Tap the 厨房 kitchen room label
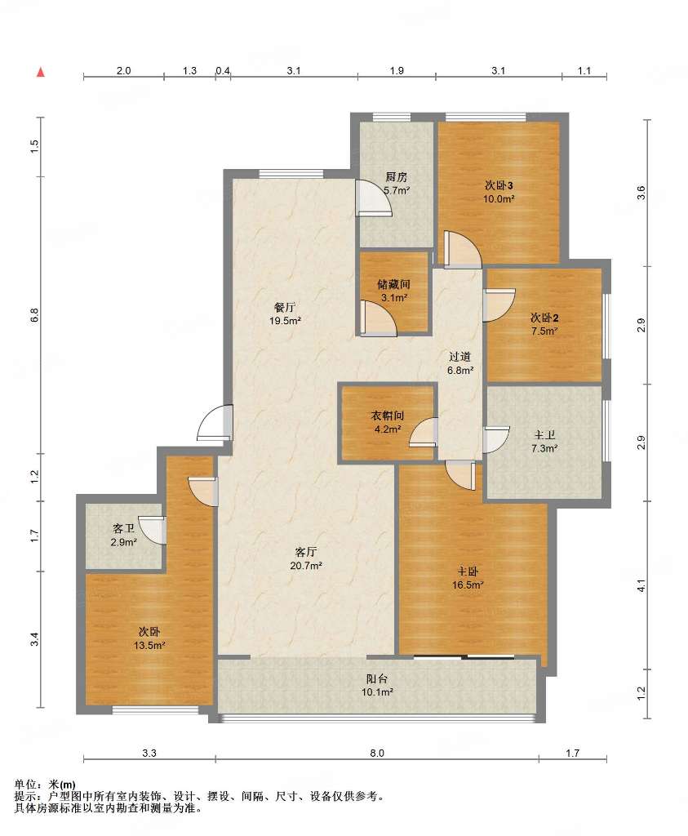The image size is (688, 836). pyautogui.click(x=396, y=177)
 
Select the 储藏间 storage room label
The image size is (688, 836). pyautogui.click(x=394, y=284)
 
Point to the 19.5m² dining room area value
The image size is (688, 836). pyautogui.click(x=285, y=321)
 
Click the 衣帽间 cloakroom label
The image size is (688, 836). pyautogui.click(x=388, y=416)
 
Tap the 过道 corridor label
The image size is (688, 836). pyautogui.click(x=459, y=357)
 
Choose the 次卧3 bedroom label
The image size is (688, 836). pyautogui.click(x=499, y=185)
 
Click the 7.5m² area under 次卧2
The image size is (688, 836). pyautogui.click(x=544, y=331)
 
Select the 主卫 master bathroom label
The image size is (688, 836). pyautogui.click(x=544, y=435)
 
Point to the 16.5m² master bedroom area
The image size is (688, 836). pyautogui.click(x=468, y=585)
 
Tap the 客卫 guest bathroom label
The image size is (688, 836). pyautogui.click(x=123, y=528)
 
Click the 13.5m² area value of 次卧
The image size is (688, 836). pyautogui.click(x=149, y=645)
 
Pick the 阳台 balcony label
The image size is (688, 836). pyautogui.click(x=377, y=678)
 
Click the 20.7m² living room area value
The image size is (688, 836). pyautogui.click(x=306, y=566)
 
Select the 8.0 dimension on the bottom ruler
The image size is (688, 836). pyautogui.click(x=377, y=754)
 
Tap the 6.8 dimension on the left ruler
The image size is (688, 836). pyautogui.click(x=34, y=315)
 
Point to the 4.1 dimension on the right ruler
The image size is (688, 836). pyautogui.click(x=641, y=585)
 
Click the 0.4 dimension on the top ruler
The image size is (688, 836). pyautogui.click(x=223, y=70)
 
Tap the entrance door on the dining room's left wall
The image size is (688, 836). pyautogui.click(x=215, y=423)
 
